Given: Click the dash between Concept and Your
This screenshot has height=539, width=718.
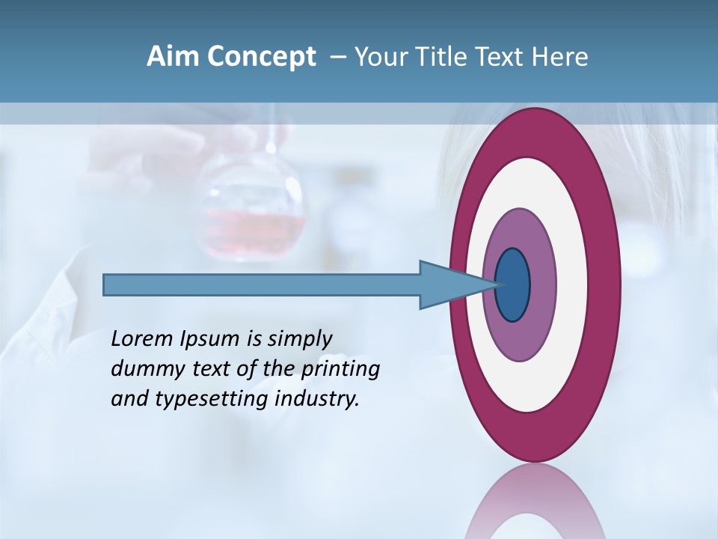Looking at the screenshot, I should coord(337,58).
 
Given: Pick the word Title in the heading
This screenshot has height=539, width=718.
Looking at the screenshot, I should coord(448,57).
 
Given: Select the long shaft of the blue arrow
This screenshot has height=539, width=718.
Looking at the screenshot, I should coord(262,285).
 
